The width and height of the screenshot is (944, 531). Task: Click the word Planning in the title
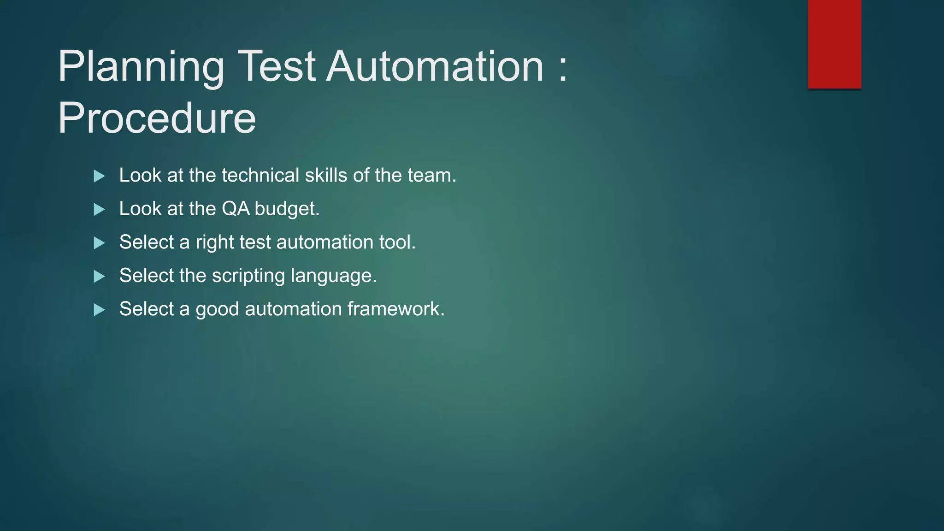141,68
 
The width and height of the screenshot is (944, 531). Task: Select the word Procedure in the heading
157,118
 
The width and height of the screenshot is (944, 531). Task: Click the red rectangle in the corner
834,44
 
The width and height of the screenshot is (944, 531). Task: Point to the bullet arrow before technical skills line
99,176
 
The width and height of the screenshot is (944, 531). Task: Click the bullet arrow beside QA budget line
99,210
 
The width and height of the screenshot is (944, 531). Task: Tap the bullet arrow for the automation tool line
99,243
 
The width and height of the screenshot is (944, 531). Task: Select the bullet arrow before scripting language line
99,277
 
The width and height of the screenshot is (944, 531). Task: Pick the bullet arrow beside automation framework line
99,310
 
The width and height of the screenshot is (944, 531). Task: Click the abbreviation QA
236,209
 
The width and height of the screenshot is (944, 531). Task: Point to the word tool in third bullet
397,242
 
